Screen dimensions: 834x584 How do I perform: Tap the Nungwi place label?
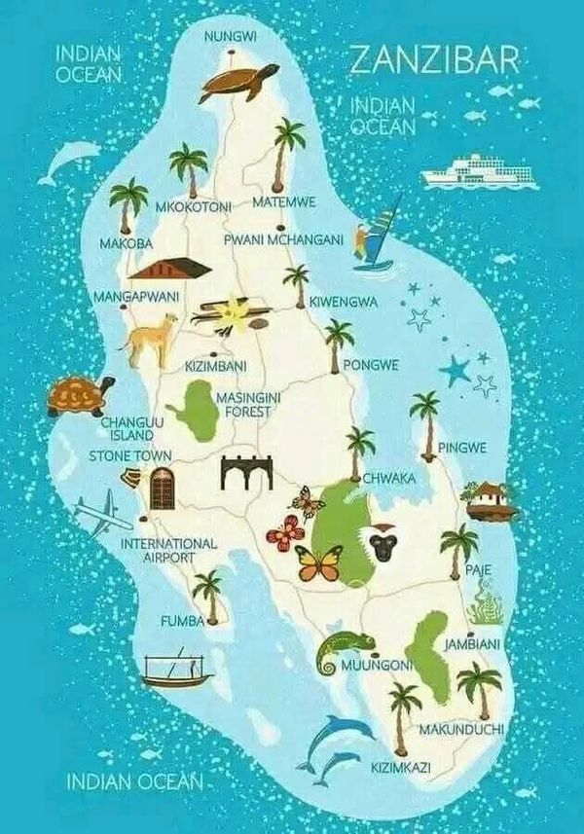click(x=231, y=37)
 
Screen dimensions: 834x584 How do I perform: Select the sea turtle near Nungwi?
click(x=237, y=82)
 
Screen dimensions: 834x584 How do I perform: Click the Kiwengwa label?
click(x=344, y=303)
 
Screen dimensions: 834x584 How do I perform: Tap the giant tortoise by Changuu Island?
click(x=79, y=395)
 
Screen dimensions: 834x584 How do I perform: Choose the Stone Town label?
click(x=130, y=455)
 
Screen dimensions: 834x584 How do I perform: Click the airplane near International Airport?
click(x=100, y=512)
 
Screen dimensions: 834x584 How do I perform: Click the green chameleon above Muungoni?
click(x=346, y=647)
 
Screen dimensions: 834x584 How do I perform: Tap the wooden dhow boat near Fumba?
click(x=175, y=669)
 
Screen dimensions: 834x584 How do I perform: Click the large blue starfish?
click(x=455, y=370)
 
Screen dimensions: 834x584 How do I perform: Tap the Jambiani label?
click(x=472, y=644)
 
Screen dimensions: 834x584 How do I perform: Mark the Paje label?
click(x=479, y=569)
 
